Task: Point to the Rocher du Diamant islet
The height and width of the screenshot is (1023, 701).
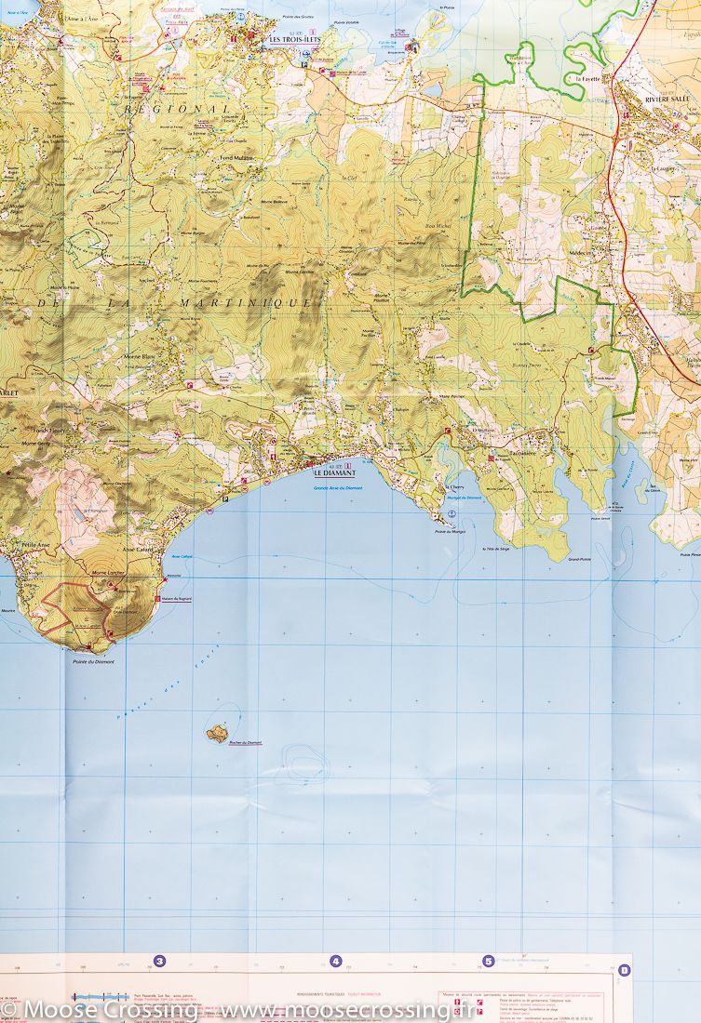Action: point(218,734)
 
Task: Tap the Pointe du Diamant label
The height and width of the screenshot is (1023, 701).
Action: point(92,661)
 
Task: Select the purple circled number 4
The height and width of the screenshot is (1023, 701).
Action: point(335,962)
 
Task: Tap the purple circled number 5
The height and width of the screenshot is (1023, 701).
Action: point(488,962)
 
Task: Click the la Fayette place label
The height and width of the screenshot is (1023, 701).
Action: point(588,80)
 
